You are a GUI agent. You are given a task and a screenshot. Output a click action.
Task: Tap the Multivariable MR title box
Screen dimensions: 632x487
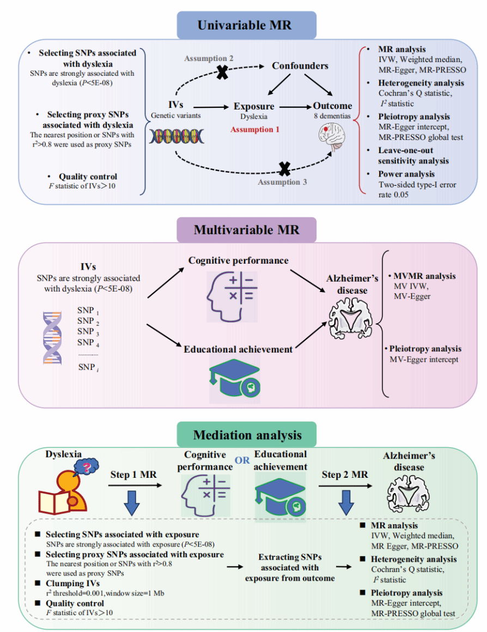click(246, 230)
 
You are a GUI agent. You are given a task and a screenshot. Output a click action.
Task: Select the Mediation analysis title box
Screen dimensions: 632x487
click(247, 435)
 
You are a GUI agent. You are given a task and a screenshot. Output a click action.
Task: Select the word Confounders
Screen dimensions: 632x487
click(300, 66)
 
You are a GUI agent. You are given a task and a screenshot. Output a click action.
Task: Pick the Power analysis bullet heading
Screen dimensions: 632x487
click(406, 175)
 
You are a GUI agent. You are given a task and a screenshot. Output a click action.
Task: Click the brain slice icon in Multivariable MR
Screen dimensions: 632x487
click(349, 319)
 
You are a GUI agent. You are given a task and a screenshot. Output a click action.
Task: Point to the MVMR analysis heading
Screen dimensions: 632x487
click(425, 277)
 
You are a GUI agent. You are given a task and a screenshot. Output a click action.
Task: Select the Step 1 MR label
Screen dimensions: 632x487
click(133, 475)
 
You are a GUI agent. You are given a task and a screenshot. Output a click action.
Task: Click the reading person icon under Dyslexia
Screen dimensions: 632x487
click(65, 487)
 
